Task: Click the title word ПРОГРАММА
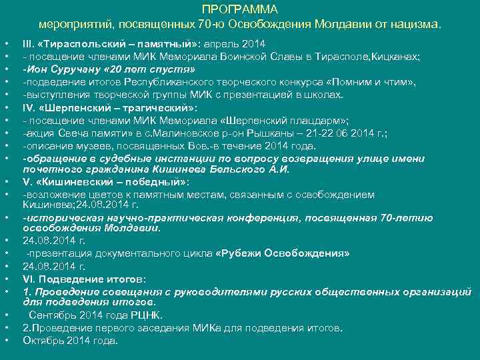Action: [x=239, y=10]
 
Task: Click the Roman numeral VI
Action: [x=29, y=279]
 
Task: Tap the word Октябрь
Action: [x=43, y=340]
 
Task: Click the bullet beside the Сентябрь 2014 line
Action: [x=6, y=315]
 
